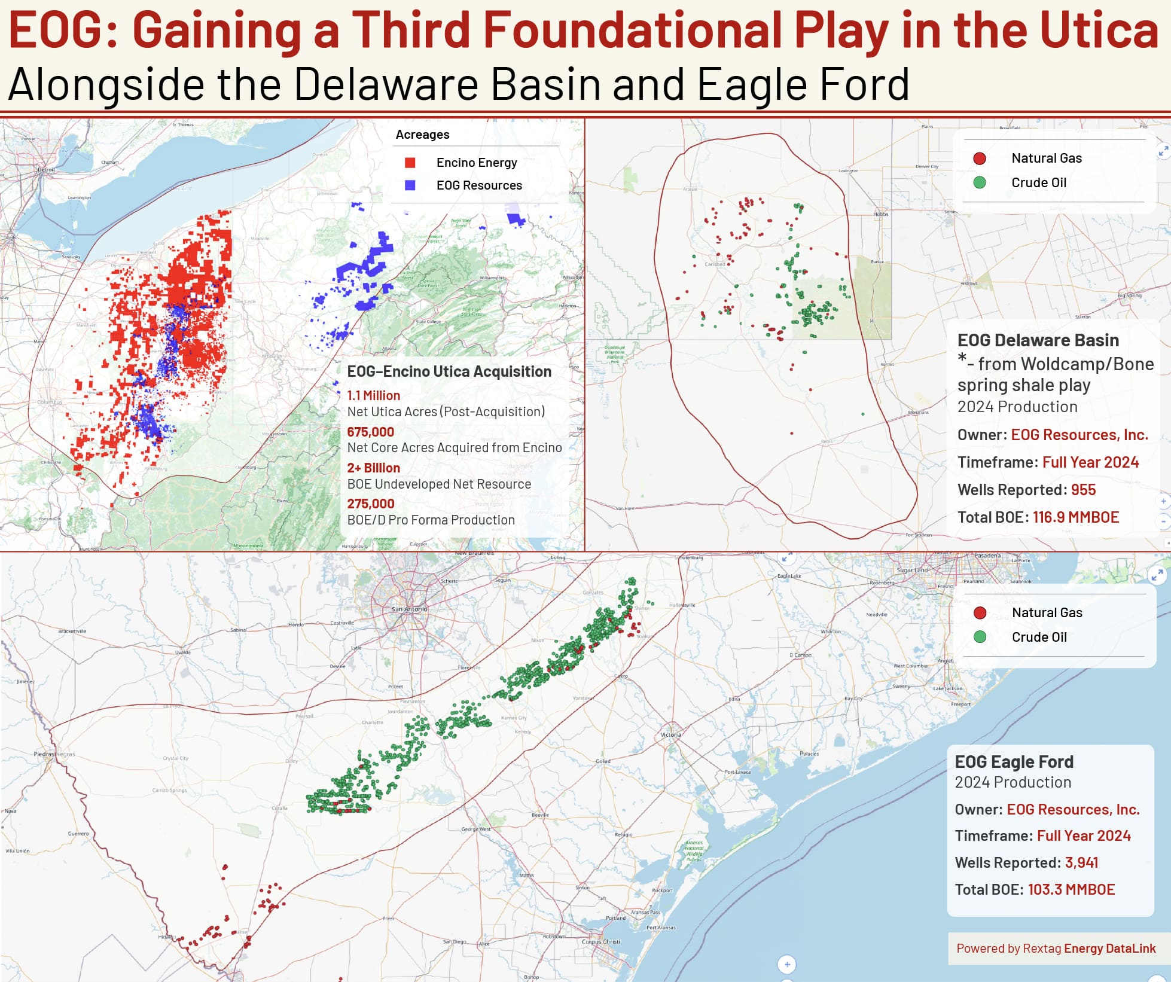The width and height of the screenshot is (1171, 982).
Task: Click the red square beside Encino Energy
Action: pyautogui.click(x=410, y=163)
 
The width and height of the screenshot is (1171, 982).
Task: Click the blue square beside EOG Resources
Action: pyautogui.click(x=410, y=185)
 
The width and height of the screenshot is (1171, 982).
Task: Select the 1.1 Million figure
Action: pyautogui.click(x=373, y=395)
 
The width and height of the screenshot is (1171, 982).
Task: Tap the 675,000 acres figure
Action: pyautogui.click(x=370, y=432)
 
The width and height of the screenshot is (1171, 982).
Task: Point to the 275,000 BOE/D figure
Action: pyautogui.click(x=370, y=504)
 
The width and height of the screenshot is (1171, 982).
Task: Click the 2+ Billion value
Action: pyautogui.click(x=373, y=468)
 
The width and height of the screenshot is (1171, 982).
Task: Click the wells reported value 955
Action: pyautogui.click(x=1083, y=490)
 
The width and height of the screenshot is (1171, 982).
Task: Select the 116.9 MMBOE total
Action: pyautogui.click(x=1075, y=517)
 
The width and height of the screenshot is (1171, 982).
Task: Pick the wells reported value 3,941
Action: pyautogui.click(x=1081, y=862)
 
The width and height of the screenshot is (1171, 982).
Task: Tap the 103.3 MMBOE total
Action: pyautogui.click(x=1071, y=889)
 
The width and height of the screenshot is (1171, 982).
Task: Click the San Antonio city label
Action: pyautogui.click(x=409, y=609)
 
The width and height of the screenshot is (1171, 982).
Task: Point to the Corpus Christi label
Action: pyautogui.click(x=600, y=941)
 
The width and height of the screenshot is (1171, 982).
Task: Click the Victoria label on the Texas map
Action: pyautogui.click(x=670, y=734)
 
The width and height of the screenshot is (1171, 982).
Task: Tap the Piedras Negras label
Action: pyautogui.click(x=54, y=754)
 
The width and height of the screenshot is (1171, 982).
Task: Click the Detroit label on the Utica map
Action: pyautogui.click(x=46, y=170)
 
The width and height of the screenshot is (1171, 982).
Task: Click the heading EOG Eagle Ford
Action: pyautogui.click(x=1014, y=761)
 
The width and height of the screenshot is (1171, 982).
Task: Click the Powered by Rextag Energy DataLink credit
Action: pyautogui.click(x=1056, y=948)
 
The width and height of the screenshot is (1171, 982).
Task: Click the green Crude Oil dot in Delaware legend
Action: pyautogui.click(x=979, y=182)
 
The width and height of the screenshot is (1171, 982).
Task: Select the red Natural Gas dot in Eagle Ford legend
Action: pyautogui.click(x=980, y=612)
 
